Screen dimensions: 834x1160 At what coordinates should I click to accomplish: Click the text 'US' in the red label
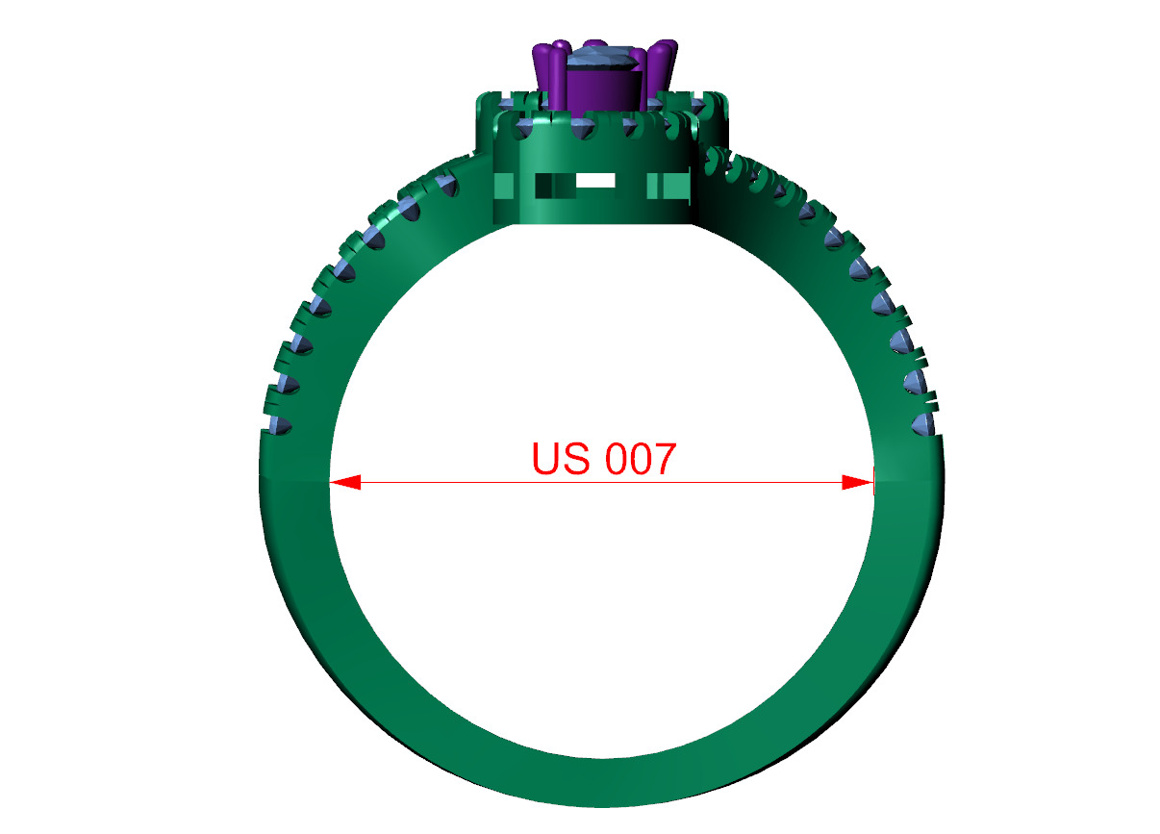(560, 459)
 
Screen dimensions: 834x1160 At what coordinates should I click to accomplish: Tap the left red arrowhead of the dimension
(346, 482)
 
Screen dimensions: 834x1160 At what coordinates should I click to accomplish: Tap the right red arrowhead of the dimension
(855, 482)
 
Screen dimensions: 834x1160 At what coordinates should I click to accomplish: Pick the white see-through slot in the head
(595, 180)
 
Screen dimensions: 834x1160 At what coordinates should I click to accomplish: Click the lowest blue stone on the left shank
(280, 427)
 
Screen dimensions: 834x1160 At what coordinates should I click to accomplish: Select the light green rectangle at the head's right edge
(670, 186)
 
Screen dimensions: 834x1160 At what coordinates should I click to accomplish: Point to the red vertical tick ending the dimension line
(873, 482)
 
